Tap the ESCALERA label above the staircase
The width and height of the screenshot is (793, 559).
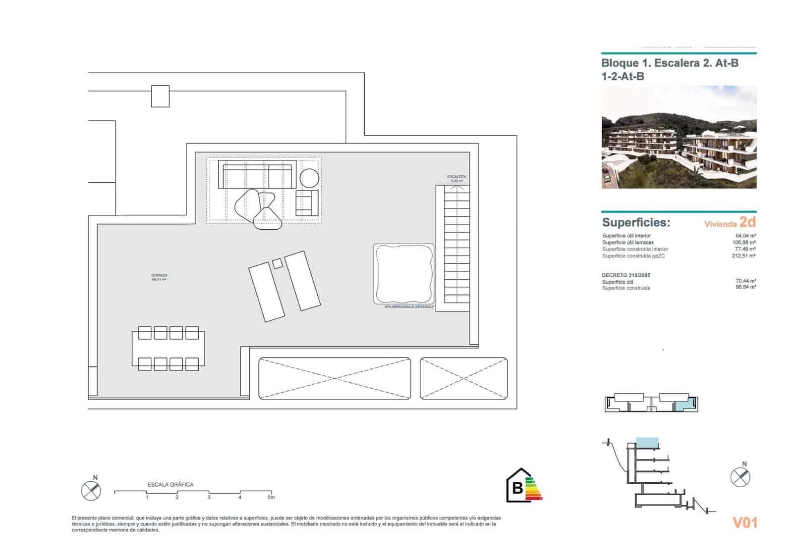coord(456,177)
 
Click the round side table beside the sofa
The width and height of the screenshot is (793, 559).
coord(309,178)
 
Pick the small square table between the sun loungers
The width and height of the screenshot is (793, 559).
coord(278,263)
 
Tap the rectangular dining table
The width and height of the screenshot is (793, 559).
coord(168,348)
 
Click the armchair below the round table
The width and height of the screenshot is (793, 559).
coord(306,203)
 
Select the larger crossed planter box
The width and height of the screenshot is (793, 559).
coord(335,378)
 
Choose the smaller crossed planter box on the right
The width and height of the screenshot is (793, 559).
coord(463,378)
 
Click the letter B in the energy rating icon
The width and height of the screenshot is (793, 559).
coord(517,488)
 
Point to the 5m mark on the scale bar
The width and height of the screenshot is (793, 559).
coord(271,497)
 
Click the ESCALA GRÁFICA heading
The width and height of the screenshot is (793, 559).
coord(170,484)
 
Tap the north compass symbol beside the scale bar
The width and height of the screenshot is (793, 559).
coord(91,490)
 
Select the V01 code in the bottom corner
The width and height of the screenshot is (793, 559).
coord(744,522)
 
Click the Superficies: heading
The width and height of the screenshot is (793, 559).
coord(636,222)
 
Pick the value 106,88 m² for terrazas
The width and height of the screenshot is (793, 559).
coord(744,243)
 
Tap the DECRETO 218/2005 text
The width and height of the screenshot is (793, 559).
coord(626,275)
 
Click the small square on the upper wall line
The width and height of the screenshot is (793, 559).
coord(160,96)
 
